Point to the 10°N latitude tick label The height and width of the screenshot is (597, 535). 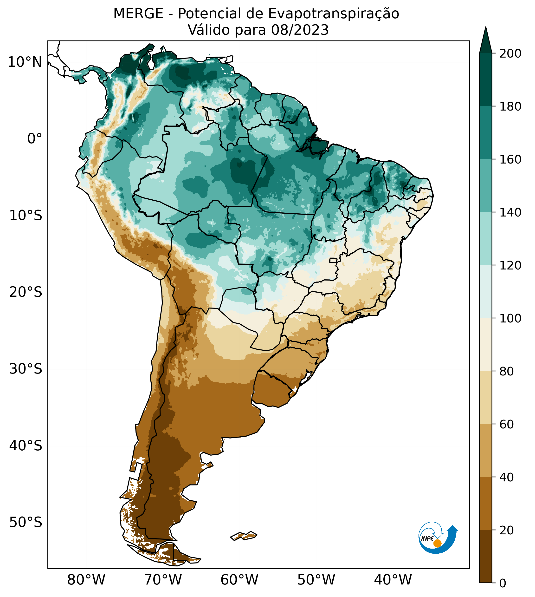25,62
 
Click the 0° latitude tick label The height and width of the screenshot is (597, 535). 34,138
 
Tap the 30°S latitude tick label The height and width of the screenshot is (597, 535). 26,369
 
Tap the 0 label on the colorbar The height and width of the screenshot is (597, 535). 503,584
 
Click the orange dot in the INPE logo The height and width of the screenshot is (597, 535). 437,543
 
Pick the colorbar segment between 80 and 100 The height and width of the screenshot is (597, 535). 486,344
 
